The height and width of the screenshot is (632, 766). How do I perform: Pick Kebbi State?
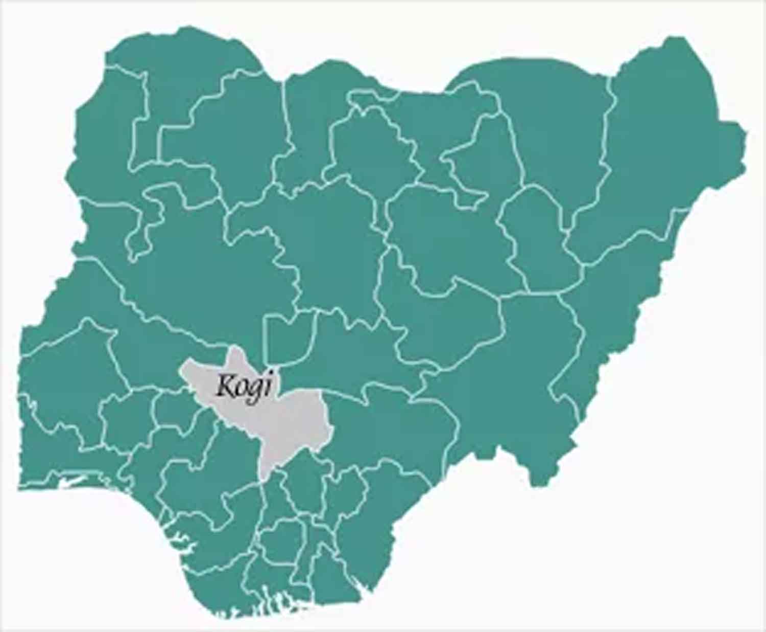pyautogui.click(x=102, y=153)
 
